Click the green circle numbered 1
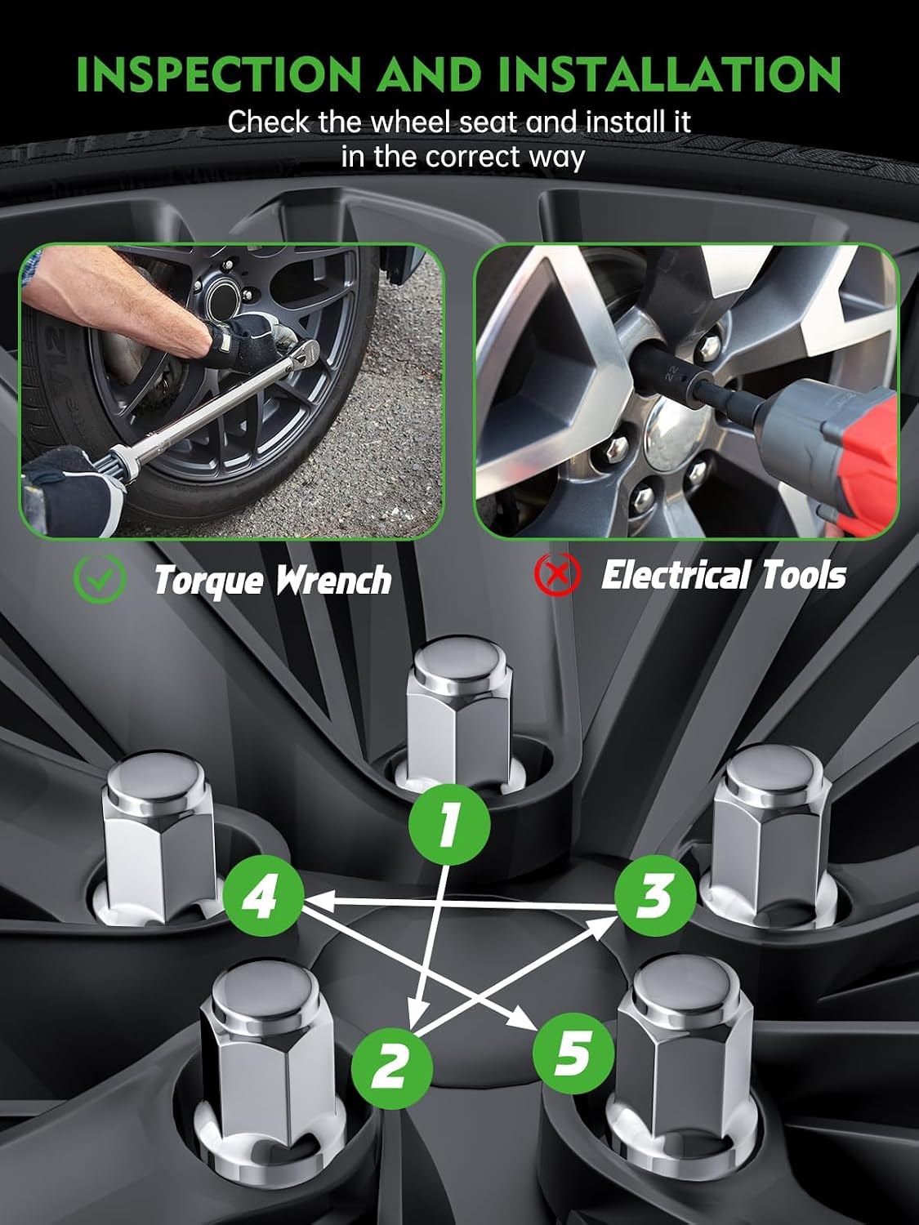coord(449,824)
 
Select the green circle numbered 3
coord(655,896)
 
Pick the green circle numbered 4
coord(263,896)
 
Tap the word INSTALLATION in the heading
coord(669,73)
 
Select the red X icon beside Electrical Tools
coord(557,574)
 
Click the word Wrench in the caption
coord(333,579)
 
